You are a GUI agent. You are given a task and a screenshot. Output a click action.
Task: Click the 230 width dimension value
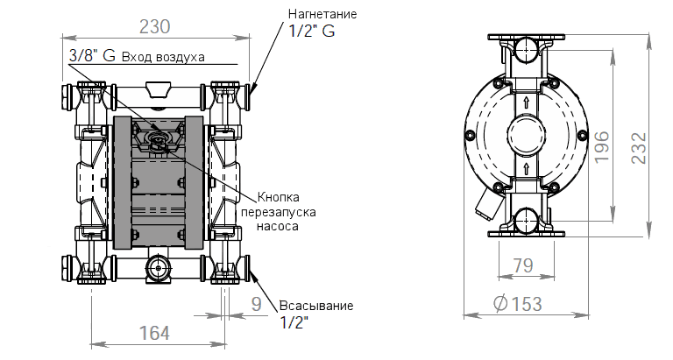[x=154, y=26]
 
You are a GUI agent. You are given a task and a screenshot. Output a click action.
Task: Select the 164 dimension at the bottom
[x=155, y=334]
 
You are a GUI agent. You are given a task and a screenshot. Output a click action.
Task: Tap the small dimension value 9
[x=255, y=304]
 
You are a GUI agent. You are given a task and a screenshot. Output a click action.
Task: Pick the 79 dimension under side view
[x=523, y=265]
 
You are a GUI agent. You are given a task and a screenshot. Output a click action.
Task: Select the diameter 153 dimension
[x=517, y=304]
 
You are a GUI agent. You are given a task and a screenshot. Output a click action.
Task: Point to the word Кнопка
[x=278, y=196]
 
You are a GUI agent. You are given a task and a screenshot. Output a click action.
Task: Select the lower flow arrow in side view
[x=524, y=166]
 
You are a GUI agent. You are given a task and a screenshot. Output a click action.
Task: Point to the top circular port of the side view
[x=524, y=48]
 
